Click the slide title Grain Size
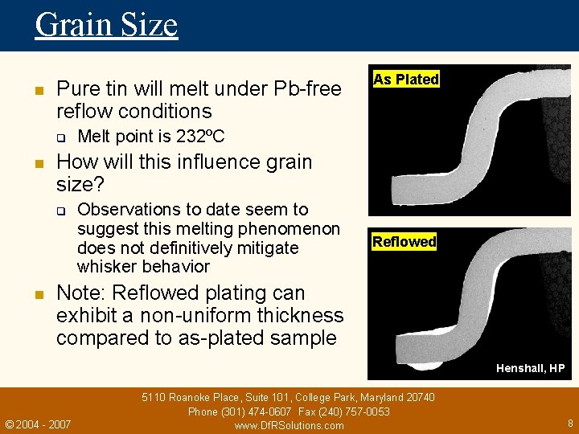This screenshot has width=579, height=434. [106, 24]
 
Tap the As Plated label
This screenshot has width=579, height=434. [406, 79]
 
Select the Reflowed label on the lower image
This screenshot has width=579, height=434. [404, 241]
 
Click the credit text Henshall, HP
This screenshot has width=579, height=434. [531, 368]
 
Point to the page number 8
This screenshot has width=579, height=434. [569, 422]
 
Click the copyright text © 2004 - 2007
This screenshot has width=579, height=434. [38, 424]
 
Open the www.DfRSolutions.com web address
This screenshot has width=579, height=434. [289, 425]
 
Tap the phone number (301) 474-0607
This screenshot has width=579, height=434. [257, 411]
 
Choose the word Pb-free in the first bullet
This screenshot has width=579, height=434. [308, 88]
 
